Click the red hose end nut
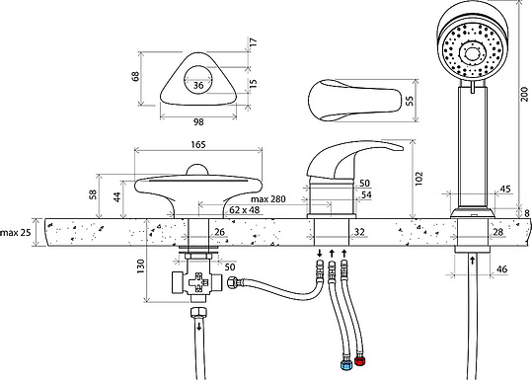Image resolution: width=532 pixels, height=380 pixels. [359, 361]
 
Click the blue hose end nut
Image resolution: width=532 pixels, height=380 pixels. [345, 365]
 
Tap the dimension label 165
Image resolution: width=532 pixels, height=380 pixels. [198, 144]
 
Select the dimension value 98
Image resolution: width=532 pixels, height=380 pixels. [198, 121]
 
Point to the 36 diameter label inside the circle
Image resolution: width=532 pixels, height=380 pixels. [198, 85]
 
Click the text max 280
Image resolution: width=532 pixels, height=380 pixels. [268, 198]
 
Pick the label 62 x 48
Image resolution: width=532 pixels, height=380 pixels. [245, 210]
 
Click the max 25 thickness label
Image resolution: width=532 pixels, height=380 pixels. [16, 233]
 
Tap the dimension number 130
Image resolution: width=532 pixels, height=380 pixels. [140, 266]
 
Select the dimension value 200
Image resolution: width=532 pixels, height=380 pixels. [524, 94]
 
